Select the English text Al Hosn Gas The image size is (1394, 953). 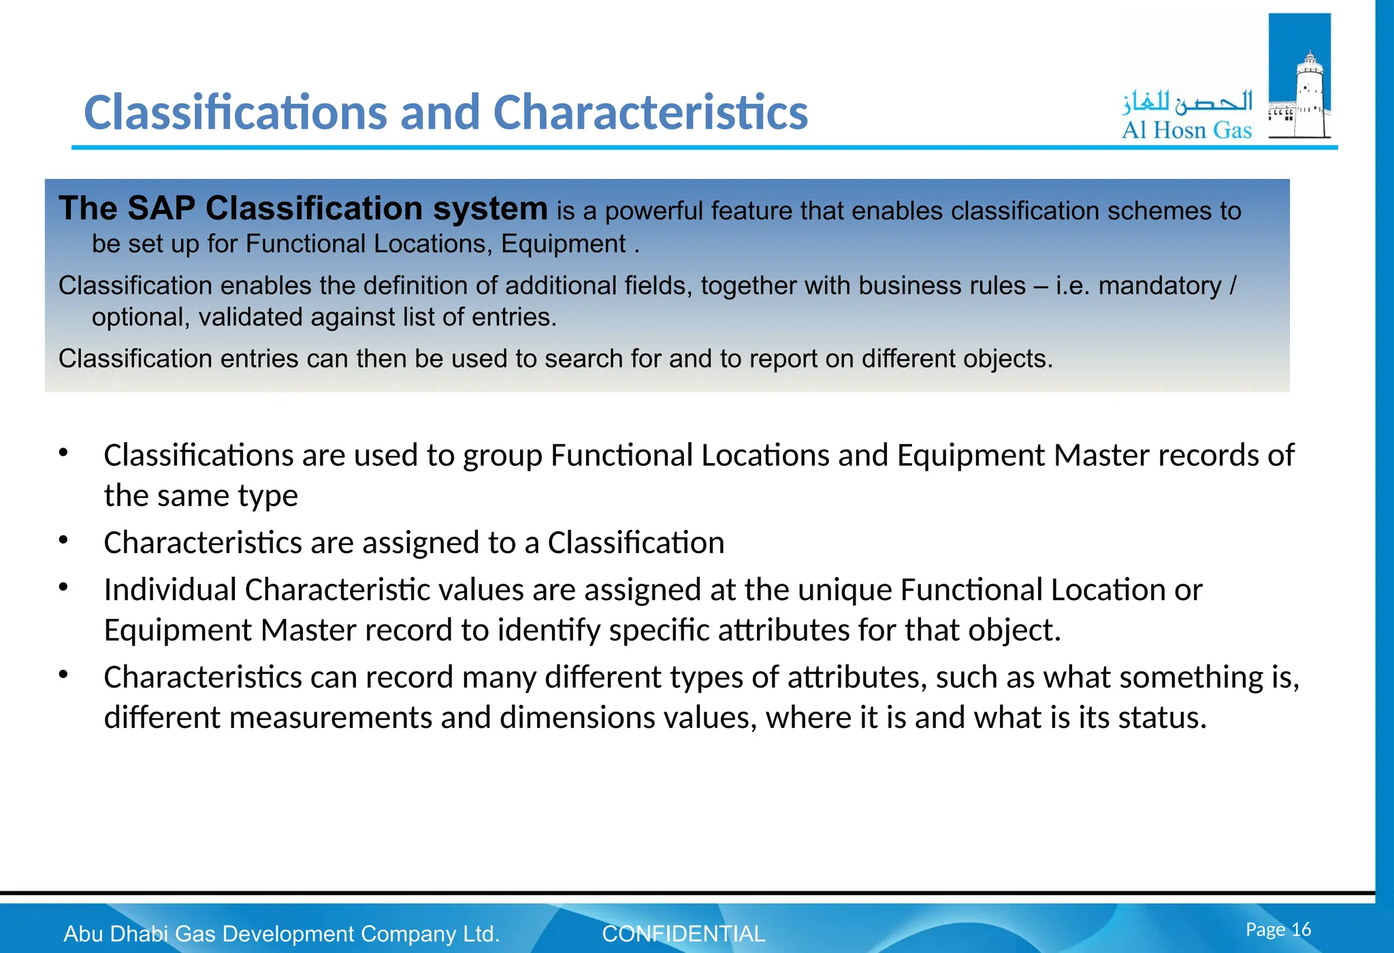(x=1186, y=130)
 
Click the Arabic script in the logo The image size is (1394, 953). (x=1187, y=102)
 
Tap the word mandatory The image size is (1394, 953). (x=1160, y=286)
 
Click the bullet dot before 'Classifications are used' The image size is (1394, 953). (x=63, y=452)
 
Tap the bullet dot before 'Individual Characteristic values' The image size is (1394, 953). (x=63, y=586)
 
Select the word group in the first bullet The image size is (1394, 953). (x=502, y=456)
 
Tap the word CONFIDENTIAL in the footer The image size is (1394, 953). (x=683, y=934)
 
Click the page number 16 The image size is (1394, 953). (x=1301, y=929)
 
